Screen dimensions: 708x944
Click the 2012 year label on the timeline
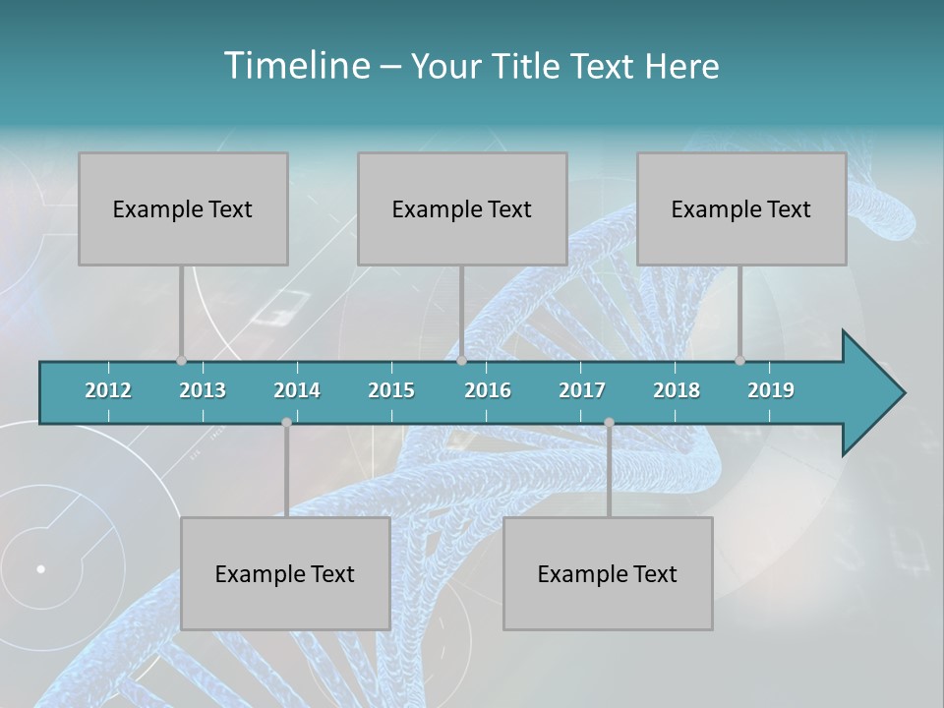(x=108, y=390)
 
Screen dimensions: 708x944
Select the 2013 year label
(x=203, y=390)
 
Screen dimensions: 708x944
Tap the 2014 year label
(x=297, y=390)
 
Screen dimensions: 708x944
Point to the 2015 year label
(x=391, y=390)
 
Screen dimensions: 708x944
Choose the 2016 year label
(x=488, y=390)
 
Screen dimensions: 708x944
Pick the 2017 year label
(x=582, y=390)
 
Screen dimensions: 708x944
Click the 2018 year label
(x=677, y=390)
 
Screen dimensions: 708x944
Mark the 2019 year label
(x=771, y=390)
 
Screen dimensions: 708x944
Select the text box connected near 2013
(x=183, y=208)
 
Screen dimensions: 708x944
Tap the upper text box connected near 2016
(x=462, y=208)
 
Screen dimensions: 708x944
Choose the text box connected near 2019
(x=741, y=208)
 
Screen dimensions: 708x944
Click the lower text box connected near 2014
(x=285, y=573)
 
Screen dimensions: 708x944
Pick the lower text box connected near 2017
(x=608, y=573)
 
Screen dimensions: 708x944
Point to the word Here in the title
(x=681, y=66)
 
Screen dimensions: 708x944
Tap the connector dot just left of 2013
(x=181, y=360)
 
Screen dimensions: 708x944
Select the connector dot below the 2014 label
(x=286, y=422)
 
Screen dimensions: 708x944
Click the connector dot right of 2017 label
(x=609, y=422)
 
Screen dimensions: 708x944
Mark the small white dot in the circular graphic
(x=41, y=568)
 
